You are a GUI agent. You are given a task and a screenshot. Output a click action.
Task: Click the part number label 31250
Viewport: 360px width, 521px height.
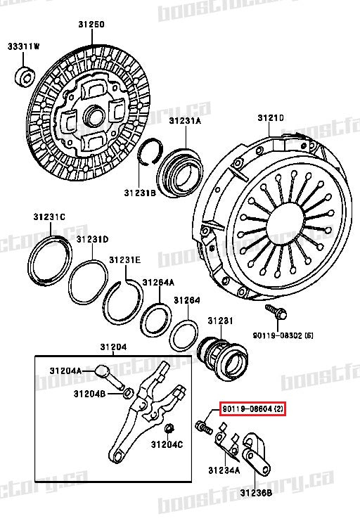coord(91,25)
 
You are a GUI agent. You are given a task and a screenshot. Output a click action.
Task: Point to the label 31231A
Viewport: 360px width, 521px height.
coord(184,121)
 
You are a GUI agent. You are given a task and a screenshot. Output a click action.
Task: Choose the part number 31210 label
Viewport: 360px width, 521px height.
coord(270,117)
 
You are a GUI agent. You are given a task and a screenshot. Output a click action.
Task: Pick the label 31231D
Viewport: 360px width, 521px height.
coord(92,239)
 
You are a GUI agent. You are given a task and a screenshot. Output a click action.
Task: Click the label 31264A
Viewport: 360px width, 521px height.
coord(158,282)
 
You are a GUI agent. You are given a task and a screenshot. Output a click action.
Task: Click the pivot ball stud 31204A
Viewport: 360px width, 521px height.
coord(101,371)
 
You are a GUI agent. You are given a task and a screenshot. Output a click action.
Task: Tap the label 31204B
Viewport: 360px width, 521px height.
coord(89,394)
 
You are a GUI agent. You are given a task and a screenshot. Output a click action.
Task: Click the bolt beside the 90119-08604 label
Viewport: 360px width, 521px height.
coord(205,425)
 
